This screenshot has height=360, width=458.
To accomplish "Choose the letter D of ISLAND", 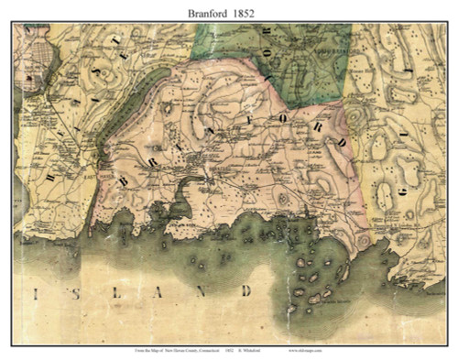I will [x=245, y=292].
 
